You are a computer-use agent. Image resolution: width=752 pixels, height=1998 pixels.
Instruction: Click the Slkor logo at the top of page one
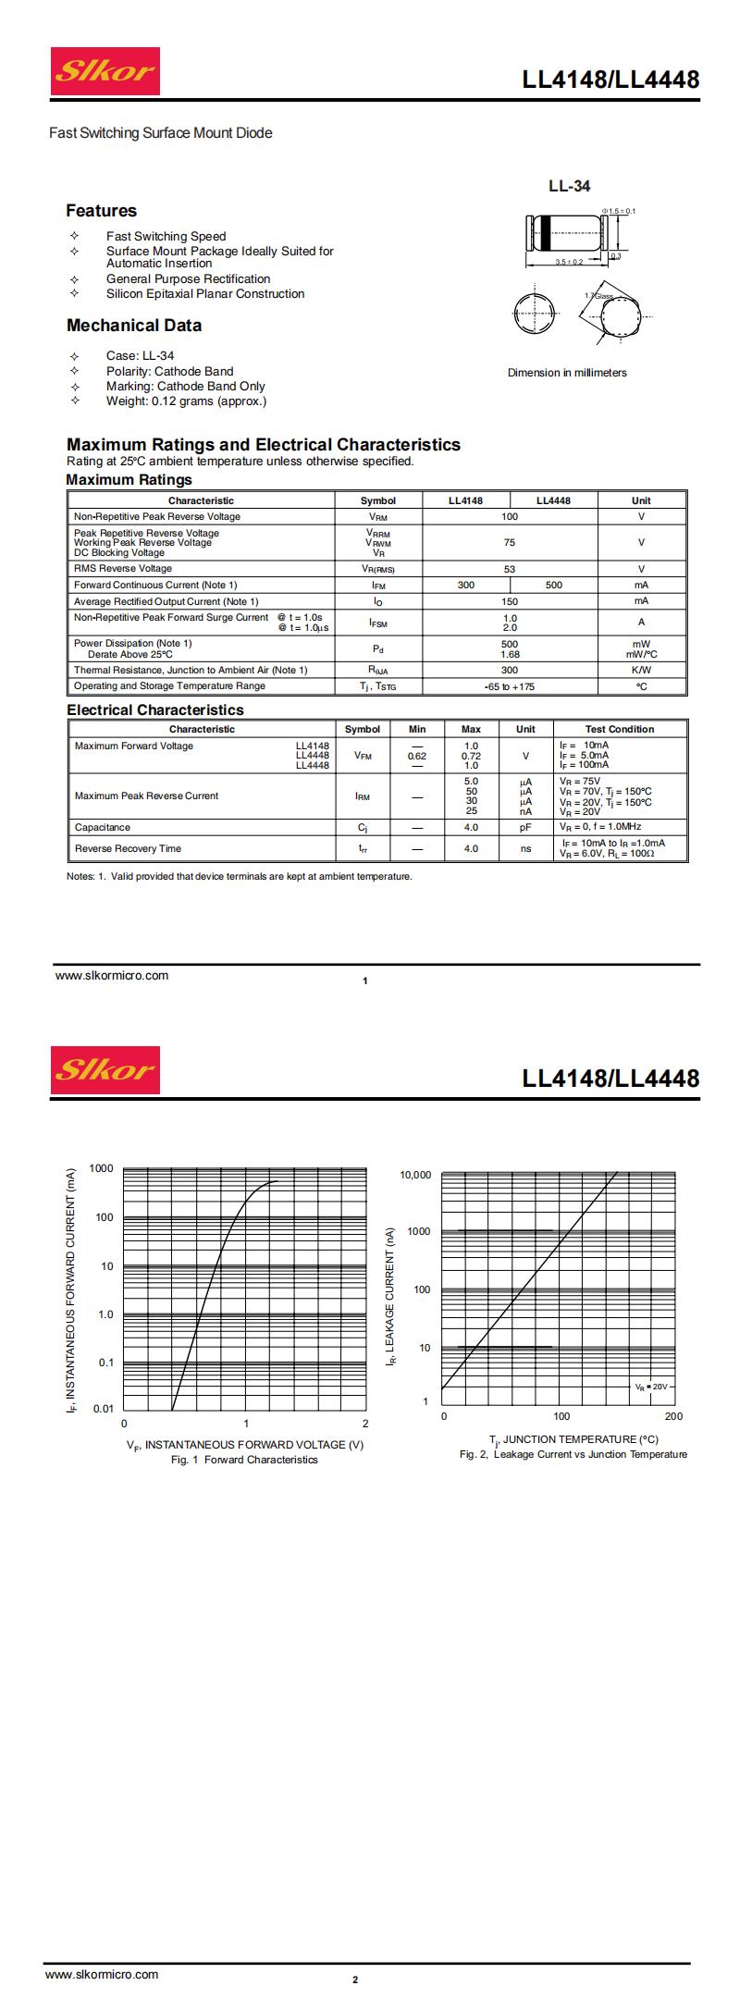(105, 71)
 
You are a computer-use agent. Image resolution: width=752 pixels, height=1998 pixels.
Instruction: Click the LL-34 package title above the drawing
(569, 186)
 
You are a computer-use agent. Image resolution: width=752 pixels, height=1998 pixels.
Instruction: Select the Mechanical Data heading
(133, 326)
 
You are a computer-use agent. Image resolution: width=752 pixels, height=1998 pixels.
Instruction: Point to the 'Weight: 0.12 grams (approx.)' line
(186, 401)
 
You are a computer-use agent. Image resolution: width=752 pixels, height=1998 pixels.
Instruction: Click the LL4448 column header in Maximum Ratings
(553, 500)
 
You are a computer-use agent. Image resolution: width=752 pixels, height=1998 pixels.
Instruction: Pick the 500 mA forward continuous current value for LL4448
(553, 585)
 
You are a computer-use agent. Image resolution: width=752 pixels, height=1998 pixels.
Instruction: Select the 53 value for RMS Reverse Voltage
(510, 569)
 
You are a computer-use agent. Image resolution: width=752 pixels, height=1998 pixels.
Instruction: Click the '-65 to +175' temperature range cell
(510, 686)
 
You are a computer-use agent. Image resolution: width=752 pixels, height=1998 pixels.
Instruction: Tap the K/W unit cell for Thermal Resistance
(641, 670)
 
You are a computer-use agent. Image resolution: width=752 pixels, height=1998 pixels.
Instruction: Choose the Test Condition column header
(619, 729)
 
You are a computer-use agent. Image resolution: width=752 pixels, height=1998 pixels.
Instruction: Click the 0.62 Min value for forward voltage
(417, 756)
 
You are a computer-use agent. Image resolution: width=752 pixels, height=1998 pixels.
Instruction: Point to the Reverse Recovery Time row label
(128, 848)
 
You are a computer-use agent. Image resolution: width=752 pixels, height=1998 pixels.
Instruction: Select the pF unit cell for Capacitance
(525, 827)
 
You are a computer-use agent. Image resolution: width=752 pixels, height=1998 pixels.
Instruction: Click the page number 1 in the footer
(365, 980)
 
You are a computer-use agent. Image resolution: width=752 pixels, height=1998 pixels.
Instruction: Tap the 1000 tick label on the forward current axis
(101, 1168)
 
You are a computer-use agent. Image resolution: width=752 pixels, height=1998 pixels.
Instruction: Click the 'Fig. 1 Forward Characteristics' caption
(244, 1460)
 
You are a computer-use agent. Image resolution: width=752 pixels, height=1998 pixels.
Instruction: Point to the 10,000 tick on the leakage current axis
(415, 1175)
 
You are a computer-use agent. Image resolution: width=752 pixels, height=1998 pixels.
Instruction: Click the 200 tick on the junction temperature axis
(673, 1416)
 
